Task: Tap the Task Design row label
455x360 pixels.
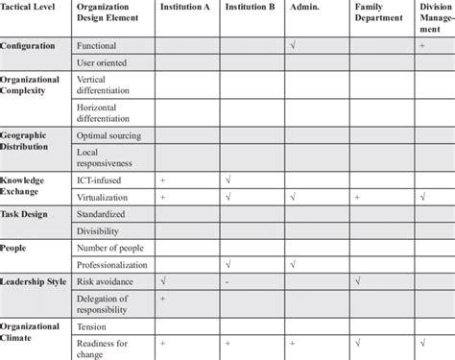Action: [27, 214]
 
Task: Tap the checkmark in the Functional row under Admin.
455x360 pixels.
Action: [291, 45]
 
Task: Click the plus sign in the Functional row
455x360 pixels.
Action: [421, 45]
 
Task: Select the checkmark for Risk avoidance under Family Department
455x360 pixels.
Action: [356, 280]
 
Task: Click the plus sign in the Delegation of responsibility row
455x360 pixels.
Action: [162, 300]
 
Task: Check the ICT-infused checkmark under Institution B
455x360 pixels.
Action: [227, 180]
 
